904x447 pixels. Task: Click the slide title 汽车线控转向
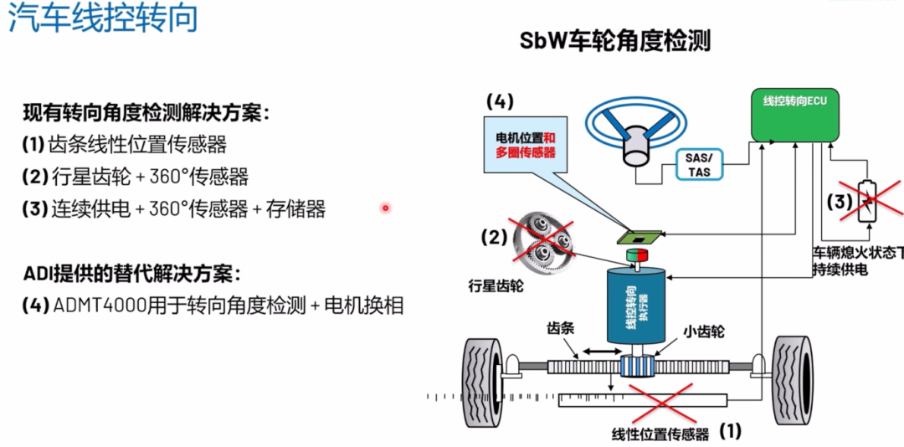click(103, 18)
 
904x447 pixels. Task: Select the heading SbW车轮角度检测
click(615, 40)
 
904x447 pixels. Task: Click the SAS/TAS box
click(700, 165)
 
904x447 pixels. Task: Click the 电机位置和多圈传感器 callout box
click(526, 145)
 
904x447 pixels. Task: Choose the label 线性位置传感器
click(660, 434)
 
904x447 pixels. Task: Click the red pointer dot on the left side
click(386, 208)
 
